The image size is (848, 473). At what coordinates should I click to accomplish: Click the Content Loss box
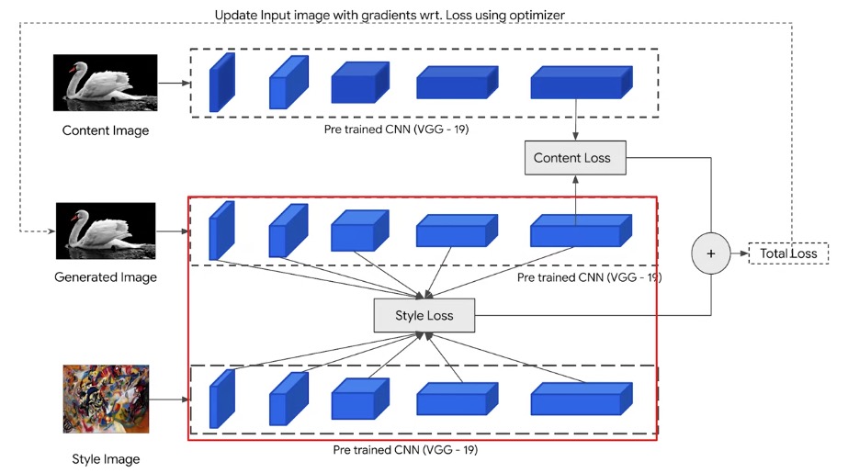(x=575, y=158)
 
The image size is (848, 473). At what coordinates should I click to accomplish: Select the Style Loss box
(x=424, y=315)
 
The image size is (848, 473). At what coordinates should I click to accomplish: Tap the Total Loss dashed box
(x=788, y=253)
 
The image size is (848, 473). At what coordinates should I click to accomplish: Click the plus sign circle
(x=710, y=253)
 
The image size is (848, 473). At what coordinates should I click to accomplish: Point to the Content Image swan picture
(x=106, y=83)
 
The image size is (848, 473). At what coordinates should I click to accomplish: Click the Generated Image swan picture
(x=106, y=231)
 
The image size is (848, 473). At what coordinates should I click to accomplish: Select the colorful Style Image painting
(x=106, y=399)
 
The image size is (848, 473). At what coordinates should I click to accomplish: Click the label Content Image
(x=106, y=130)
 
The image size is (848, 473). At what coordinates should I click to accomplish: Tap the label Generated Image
(x=106, y=277)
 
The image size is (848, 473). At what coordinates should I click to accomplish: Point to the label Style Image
(x=106, y=459)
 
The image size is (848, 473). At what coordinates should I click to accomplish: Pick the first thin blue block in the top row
(x=222, y=82)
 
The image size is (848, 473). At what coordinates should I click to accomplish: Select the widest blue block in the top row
(x=582, y=82)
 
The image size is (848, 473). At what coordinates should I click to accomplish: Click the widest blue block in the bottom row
(x=582, y=399)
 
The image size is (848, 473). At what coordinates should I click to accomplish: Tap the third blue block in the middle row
(x=359, y=231)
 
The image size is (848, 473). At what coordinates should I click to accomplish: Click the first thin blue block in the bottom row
(x=222, y=399)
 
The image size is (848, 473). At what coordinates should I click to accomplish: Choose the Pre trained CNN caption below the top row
(x=396, y=130)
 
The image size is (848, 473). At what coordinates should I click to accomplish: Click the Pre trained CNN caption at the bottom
(x=405, y=450)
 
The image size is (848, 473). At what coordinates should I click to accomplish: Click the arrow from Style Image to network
(x=169, y=400)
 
